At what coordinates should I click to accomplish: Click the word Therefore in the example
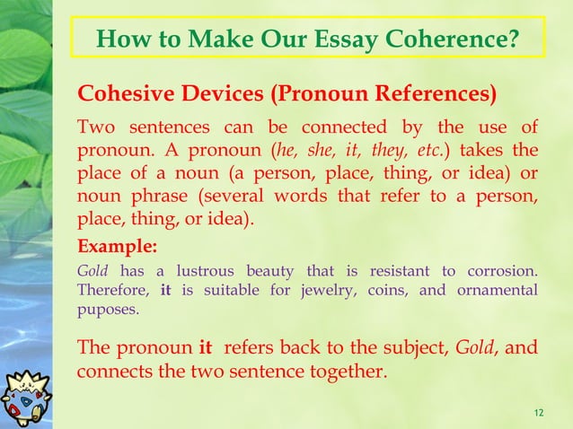click(112, 290)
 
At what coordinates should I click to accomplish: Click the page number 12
click(538, 412)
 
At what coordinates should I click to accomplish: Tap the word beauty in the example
click(267, 272)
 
